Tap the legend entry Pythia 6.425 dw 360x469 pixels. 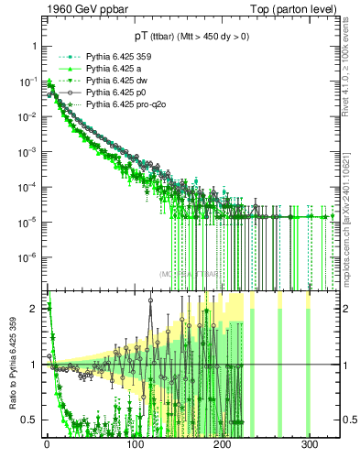(115, 81)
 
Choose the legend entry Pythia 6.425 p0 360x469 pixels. (114, 93)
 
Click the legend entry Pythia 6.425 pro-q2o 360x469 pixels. (123, 104)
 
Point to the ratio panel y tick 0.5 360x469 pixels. (32, 420)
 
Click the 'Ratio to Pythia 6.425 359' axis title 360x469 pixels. (12, 364)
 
